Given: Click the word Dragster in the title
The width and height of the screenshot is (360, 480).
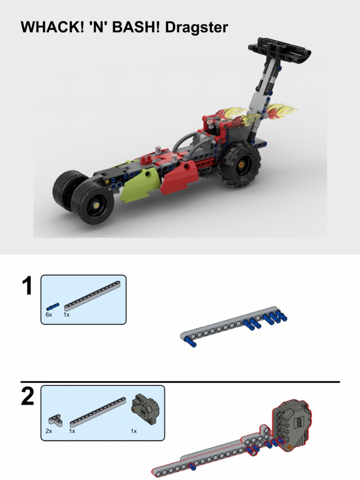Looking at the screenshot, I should pyautogui.click(x=196, y=28).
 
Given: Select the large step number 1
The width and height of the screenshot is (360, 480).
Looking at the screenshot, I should pyautogui.click(x=28, y=286).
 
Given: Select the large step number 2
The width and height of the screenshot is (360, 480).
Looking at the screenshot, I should pyautogui.click(x=28, y=397).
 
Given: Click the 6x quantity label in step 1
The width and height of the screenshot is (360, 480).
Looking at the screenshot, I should pyautogui.click(x=49, y=315).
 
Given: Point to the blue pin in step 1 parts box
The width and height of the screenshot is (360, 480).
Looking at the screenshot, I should pyautogui.click(x=52, y=306).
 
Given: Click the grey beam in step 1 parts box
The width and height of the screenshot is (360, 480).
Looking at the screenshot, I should pyautogui.click(x=92, y=295).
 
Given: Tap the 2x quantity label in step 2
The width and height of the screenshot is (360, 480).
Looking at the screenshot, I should pyautogui.click(x=49, y=431).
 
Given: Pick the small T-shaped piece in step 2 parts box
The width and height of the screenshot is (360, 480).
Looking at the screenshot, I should pyautogui.click(x=55, y=419).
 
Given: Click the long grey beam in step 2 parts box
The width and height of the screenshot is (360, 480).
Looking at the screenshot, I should pyautogui.click(x=98, y=412).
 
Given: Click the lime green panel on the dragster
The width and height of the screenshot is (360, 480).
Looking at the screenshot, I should pyautogui.click(x=138, y=186).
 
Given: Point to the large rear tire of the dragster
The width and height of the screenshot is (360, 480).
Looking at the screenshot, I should pyautogui.click(x=239, y=164).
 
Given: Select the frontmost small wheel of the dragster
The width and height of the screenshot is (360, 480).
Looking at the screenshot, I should pyautogui.click(x=94, y=202).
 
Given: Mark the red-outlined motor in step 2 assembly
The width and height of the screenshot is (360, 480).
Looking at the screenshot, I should pyautogui.click(x=291, y=425).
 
